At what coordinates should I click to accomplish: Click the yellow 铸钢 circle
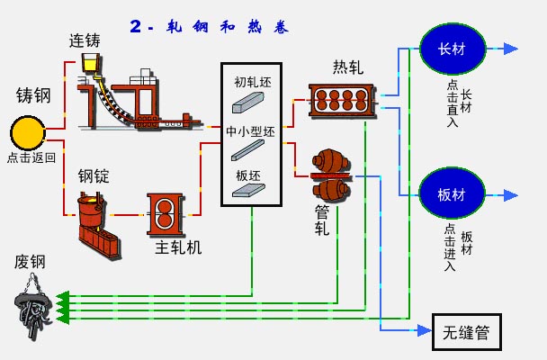[28, 133]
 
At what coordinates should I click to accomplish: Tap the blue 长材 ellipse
[453, 49]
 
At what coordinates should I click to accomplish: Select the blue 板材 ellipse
[452, 193]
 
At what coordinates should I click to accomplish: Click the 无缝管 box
[467, 332]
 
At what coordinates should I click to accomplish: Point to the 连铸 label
[85, 40]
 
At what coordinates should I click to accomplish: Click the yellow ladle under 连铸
[91, 63]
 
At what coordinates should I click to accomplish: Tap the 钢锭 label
[94, 176]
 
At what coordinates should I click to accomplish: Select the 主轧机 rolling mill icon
[165, 214]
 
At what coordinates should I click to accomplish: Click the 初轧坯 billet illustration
[248, 103]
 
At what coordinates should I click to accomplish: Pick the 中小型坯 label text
[250, 131]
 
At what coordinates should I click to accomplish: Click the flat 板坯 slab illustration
[248, 191]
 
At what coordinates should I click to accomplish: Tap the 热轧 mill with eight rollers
[342, 100]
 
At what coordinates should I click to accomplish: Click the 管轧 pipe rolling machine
[331, 175]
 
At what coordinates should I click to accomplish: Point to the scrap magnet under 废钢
[33, 307]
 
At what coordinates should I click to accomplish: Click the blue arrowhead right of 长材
[511, 49]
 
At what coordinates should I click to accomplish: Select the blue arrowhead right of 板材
[511, 195]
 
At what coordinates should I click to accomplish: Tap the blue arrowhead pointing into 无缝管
[425, 329]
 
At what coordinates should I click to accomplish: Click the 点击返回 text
[31, 157]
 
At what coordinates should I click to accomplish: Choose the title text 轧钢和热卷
[228, 27]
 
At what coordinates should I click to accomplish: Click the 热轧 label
[348, 67]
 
